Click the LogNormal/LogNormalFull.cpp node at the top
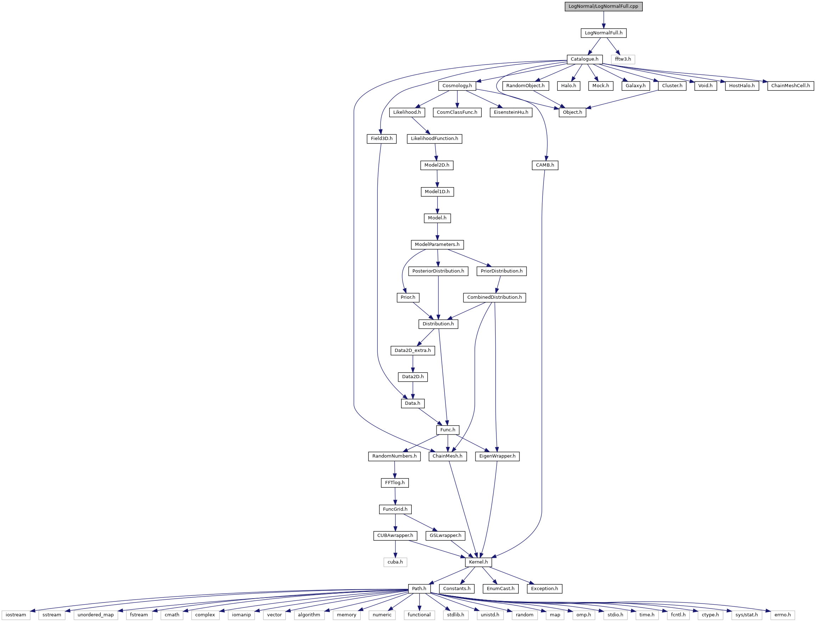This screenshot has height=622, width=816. (x=603, y=6)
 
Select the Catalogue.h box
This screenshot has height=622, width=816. (x=584, y=59)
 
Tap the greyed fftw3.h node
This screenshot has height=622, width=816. (x=623, y=59)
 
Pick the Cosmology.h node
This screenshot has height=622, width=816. (x=457, y=86)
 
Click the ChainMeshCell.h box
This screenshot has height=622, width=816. (x=790, y=86)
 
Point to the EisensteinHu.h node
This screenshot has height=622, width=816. (x=511, y=112)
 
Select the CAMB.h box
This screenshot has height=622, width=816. (x=545, y=165)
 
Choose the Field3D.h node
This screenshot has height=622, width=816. (x=382, y=139)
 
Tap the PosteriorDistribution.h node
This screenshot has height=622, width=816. (x=438, y=271)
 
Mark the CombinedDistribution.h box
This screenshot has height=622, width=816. (x=494, y=297)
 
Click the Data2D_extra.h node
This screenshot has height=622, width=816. (x=413, y=350)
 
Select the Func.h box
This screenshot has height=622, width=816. (x=448, y=430)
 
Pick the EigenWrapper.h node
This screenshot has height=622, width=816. (x=497, y=456)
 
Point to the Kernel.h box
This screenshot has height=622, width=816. (x=478, y=562)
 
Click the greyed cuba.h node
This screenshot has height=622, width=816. (x=395, y=562)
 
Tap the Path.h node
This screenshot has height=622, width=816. (x=419, y=589)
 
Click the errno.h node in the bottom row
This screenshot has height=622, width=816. (x=782, y=615)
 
